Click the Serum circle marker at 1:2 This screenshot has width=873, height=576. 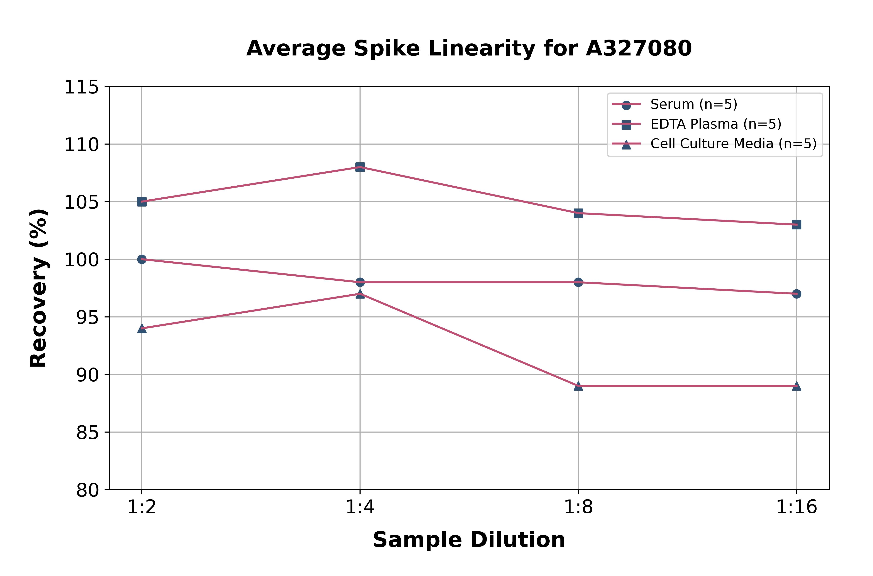pyautogui.click(x=142, y=259)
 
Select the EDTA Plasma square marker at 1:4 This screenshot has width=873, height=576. pyautogui.click(x=360, y=167)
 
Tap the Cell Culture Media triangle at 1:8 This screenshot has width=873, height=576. pyautogui.click(x=578, y=386)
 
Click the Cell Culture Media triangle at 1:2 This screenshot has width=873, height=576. pyautogui.click(x=142, y=328)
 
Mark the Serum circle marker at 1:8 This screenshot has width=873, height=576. pyautogui.click(x=578, y=282)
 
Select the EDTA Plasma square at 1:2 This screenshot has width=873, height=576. pyautogui.click(x=142, y=202)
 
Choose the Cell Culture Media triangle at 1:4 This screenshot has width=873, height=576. pyautogui.click(x=360, y=294)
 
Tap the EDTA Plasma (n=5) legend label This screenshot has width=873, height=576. pyautogui.click(x=716, y=124)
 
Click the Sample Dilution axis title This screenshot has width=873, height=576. pyautogui.click(x=469, y=540)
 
